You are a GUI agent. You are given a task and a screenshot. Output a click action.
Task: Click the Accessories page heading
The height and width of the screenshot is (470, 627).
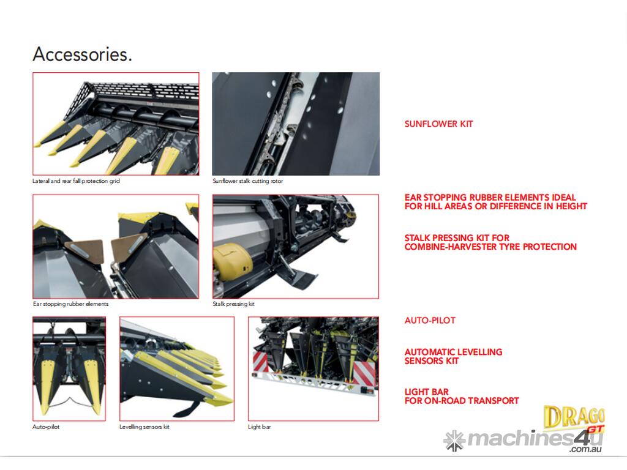click(x=83, y=54)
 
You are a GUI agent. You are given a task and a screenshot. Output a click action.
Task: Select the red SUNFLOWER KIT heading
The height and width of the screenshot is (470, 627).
click(x=438, y=124)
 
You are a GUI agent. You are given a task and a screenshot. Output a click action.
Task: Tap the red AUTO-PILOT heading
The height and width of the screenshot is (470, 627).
click(x=430, y=321)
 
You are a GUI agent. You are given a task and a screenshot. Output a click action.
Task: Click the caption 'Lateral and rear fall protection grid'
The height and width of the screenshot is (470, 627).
click(x=76, y=181)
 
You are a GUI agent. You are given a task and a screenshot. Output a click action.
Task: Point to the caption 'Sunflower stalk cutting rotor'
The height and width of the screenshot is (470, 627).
click(x=247, y=181)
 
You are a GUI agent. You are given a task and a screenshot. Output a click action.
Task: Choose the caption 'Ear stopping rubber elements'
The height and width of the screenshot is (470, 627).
click(x=71, y=304)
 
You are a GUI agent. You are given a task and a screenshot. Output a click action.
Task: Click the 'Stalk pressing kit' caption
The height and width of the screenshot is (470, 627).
click(x=233, y=304)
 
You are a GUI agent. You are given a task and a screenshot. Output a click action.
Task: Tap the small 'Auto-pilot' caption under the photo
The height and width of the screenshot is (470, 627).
click(x=46, y=427)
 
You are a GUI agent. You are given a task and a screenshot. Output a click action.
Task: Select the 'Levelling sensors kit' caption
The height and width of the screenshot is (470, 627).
click(x=145, y=427)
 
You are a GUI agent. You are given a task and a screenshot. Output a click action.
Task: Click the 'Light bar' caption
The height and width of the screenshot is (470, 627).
click(x=259, y=427)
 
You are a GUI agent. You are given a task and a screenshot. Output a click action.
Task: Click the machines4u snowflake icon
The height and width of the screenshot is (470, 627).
click(x=454, y=441)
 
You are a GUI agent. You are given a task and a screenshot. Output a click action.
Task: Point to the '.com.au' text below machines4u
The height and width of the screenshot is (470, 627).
click(x=585, y=450)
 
